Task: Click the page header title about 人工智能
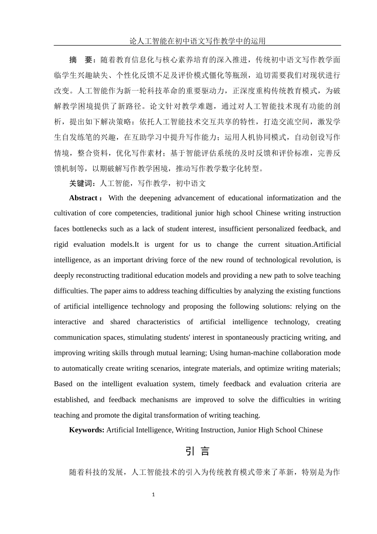[x=197, y=41]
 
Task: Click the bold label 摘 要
[x=81, y=60]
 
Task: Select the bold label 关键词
[x=81, y=183]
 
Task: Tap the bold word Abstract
[x=83, y=198]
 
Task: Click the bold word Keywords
[x=87, y=430]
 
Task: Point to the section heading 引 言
[x=197, y=451]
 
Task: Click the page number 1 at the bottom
[x=154, y=495]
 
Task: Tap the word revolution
[x=319, y=260]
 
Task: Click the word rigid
[x=62, y=244]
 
